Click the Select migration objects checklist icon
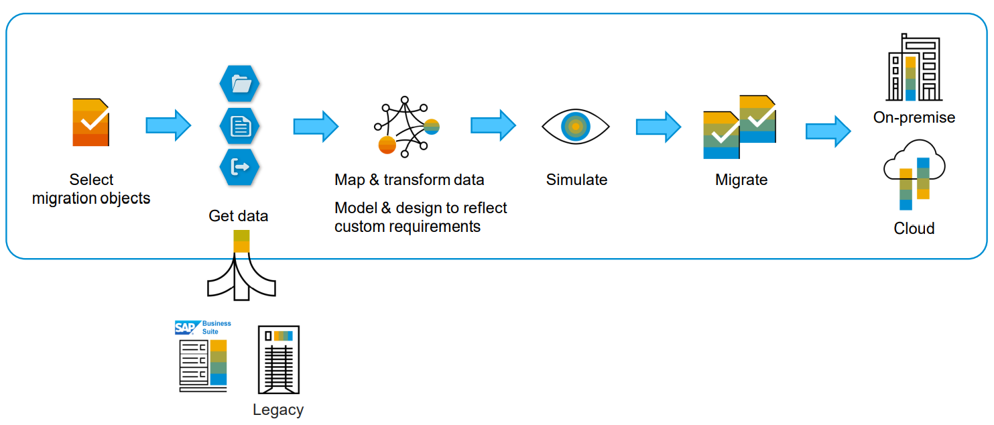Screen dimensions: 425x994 point(90,122)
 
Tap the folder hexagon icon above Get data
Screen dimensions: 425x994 point(239,84)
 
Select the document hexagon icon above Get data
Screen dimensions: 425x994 point(239,126)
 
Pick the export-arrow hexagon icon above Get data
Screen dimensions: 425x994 point(239,167)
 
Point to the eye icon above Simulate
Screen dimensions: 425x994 point(575,126)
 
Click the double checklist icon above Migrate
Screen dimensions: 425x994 point(739,127)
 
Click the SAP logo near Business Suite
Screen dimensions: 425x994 point(185,328)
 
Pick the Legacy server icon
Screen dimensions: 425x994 point(278,360)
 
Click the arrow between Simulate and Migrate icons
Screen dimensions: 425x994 point(658,126)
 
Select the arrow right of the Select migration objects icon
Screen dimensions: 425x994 point(168,125)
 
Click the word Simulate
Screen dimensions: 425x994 point(576,180)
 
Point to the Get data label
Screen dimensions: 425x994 point(238,216)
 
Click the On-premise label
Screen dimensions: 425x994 point(914,117)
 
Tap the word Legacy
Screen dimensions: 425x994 point(277,410)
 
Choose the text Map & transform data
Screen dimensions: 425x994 point(409,180)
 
